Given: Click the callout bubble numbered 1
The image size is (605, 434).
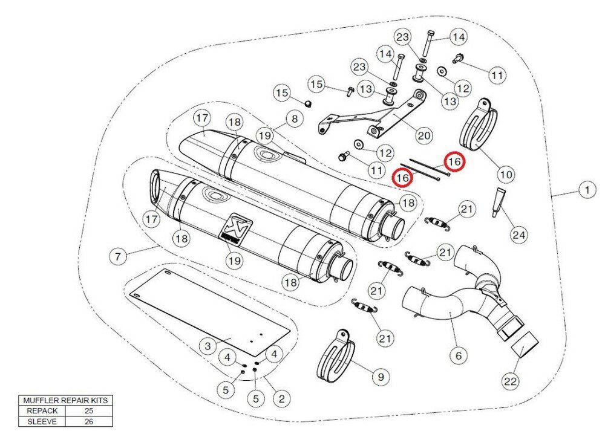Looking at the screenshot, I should [586, 190].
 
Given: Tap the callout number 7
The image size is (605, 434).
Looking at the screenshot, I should [118, 256].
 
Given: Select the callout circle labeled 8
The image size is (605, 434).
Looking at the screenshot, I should [294, 119].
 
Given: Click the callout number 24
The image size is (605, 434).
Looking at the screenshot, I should [518, 235].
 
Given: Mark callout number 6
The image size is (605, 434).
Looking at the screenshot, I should [457, 354].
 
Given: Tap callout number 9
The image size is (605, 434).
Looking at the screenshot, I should [380, 377].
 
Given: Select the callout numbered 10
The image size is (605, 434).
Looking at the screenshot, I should [506, 175].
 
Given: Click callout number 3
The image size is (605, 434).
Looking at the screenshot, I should [208, 346].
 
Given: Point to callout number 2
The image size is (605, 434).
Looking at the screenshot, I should [281, 398].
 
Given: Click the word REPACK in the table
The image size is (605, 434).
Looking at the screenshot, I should [42, 410].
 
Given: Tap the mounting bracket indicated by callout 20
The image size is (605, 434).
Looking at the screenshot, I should [375, 118].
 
